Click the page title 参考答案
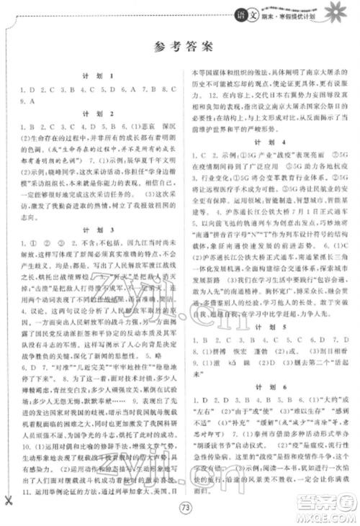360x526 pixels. (x=179, y=47)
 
